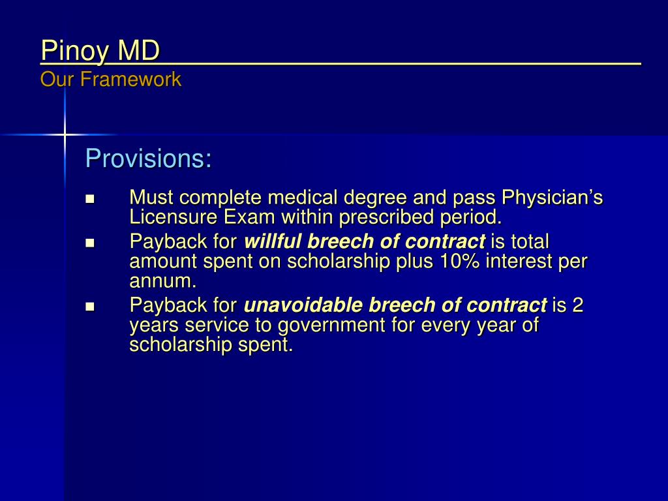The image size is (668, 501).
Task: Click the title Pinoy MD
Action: (100, 52)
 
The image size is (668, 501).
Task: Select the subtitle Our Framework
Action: (110, 80)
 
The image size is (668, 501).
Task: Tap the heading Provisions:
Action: (149, 159)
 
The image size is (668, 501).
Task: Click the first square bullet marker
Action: (90, 198)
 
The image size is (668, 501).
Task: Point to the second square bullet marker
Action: (90, 243)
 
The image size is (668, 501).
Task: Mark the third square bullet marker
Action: (90, 305)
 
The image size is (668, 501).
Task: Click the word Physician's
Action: (551, 197)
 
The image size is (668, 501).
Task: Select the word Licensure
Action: (173, 217)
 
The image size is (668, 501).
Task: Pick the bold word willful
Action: (273, 242)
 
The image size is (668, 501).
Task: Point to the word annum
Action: (161, 282)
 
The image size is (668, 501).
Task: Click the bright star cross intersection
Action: (65, 134)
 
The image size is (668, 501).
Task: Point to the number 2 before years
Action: (577, 305)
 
